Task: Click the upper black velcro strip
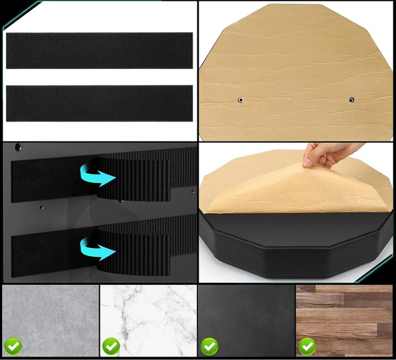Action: click(99, 51)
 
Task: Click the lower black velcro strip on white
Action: click(99, 103)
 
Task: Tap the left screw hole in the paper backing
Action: click(240, 100)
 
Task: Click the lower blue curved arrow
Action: click(96, 249)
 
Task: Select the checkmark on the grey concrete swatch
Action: click(13, 346)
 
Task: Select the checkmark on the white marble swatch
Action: click(111, 346)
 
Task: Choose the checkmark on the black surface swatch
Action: click(209, 346)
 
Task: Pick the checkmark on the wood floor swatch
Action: click(307, 346)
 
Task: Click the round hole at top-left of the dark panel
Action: click(18, 146)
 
